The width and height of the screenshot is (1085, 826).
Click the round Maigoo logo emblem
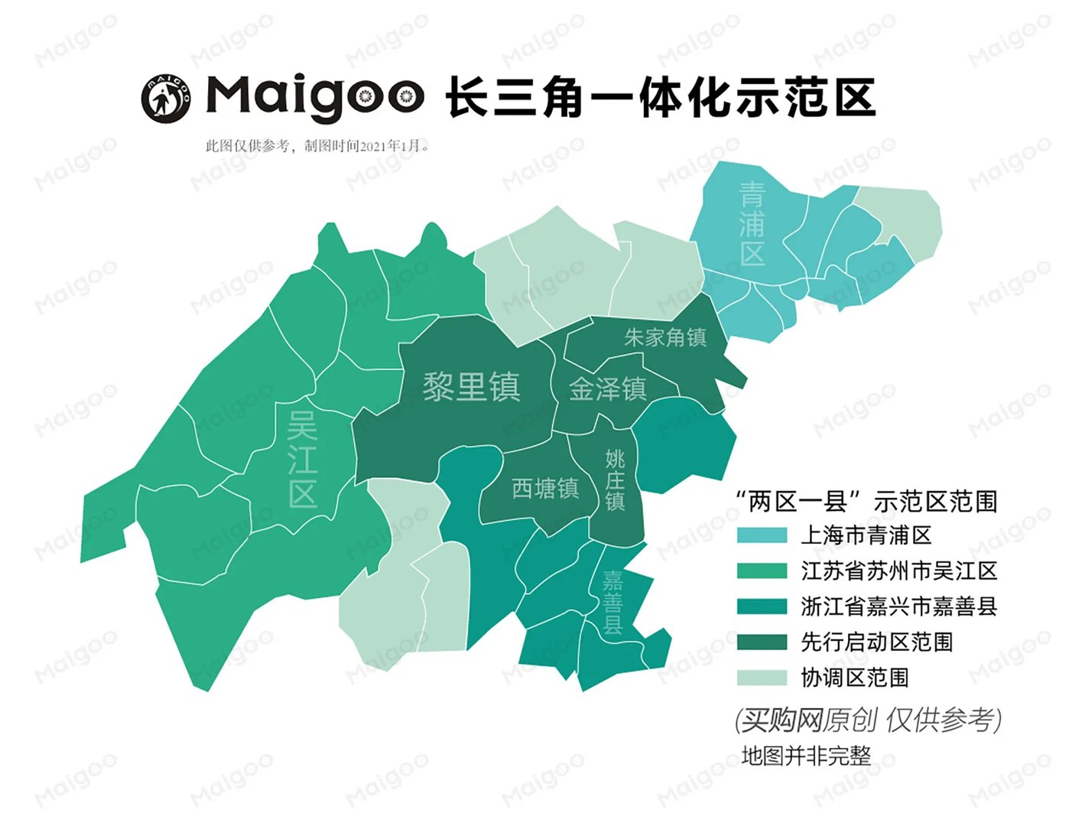click(166, 98)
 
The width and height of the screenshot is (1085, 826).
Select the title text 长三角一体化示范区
click(661, 98)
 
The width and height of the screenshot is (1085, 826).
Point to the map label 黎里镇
click(472, 387)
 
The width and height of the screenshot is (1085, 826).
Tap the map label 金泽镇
click(608, 389)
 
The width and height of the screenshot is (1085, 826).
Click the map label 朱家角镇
click(665, 337)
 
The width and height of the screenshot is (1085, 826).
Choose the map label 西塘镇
click(545, 488)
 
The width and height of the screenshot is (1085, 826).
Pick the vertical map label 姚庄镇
click(616, 480)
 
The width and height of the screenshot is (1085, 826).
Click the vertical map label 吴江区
click(303, 459)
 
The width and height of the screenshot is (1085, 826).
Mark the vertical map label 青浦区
click(752, 223)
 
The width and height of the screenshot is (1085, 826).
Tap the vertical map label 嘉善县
click(612, 603)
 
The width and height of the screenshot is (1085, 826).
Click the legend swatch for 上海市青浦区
click(762, 535)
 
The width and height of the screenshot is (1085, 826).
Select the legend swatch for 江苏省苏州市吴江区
click(762, 571)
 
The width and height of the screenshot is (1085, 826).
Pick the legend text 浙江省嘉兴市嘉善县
click(899, 606)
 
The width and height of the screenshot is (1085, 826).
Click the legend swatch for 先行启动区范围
click(762, 642)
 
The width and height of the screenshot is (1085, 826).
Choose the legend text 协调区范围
click(855, 678)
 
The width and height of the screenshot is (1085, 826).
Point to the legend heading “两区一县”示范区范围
click(866, 502)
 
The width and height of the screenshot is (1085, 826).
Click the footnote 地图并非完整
click(806, 756)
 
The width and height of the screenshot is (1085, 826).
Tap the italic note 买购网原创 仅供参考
click(868, 720)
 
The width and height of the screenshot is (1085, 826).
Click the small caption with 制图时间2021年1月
click(317, 146)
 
